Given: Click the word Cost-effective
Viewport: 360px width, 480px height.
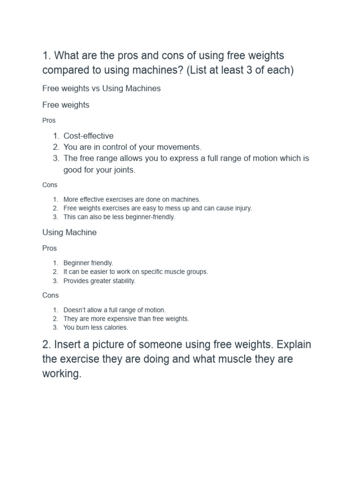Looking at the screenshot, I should click(88, 136).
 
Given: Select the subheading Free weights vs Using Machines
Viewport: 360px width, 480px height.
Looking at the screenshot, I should click(101, 88).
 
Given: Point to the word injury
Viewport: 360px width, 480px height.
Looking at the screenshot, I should click(241, 208).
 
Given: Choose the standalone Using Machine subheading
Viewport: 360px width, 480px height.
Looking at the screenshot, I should click(69, 232).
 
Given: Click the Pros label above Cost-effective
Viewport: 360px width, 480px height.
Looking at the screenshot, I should click(49, 120).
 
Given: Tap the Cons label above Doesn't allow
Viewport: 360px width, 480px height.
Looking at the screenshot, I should click(50, 295).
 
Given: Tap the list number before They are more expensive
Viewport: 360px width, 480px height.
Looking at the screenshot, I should click(55, 318).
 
